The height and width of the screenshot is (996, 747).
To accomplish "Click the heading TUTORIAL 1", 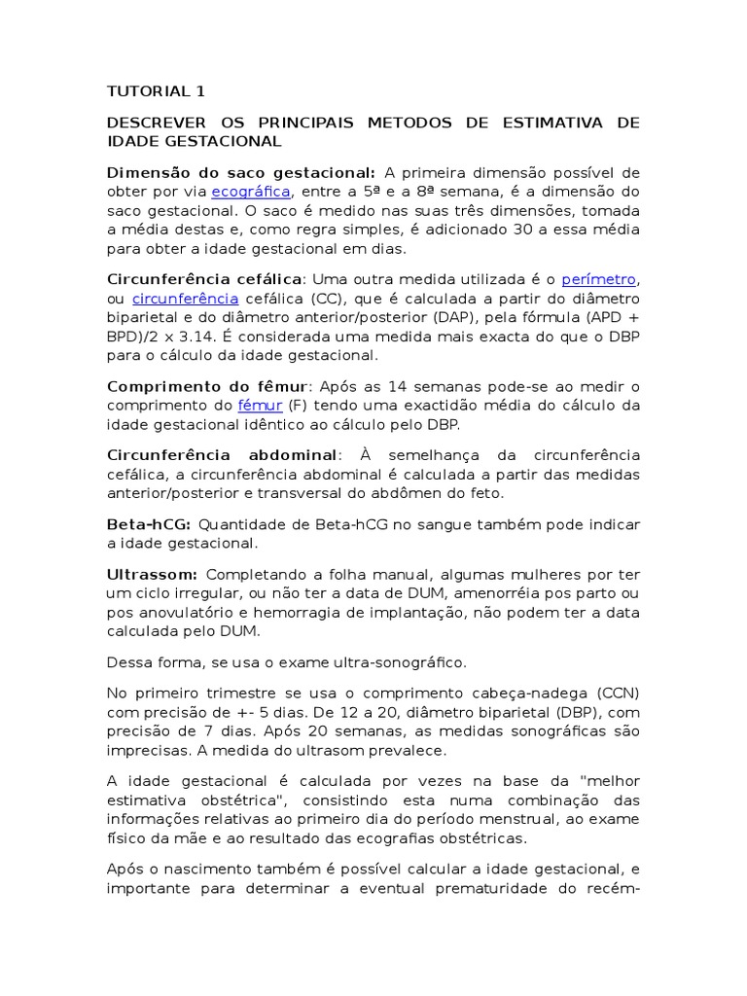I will pyautogui.click(x=156, y=91).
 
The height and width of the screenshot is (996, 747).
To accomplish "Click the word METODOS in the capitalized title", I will pyautogui.click(x=409, y=123).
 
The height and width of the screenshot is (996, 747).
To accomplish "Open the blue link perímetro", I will pyautogui.click(x=600, y=280).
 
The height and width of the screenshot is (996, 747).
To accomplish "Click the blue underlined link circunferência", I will pyautogui.click(x=185, y=299).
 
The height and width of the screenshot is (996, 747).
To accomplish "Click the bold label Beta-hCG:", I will pyautogui.click(x=149, y=524).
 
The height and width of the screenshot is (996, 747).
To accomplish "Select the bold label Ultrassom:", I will pyautogui.click(x=153, y=574).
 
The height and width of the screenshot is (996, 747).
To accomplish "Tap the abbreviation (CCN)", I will pyautogui.click(x=613, y=693).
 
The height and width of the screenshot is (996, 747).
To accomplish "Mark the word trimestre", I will pyautogui.click(x=239, y=693).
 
